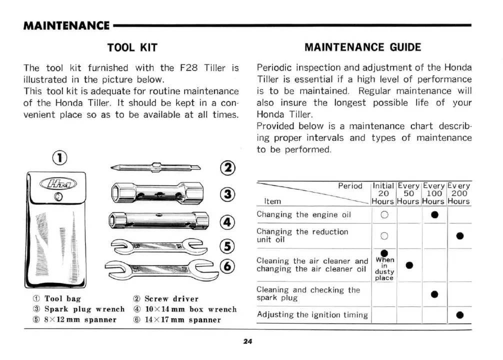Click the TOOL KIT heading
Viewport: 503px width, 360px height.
tap(132, 48)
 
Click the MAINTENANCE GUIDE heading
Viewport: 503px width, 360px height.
tap(362, 48)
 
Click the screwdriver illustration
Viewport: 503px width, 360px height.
tap(155, 168)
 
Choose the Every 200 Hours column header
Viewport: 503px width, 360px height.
tap(458, 193)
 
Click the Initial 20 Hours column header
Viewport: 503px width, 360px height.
tap(383, 193)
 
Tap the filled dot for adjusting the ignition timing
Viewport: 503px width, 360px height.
tap(459, 315)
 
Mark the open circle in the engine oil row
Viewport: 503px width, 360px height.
tap(384, 215)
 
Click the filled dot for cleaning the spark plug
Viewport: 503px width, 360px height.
tap(434, 294)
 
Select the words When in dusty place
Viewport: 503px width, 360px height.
tap(384, 268)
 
